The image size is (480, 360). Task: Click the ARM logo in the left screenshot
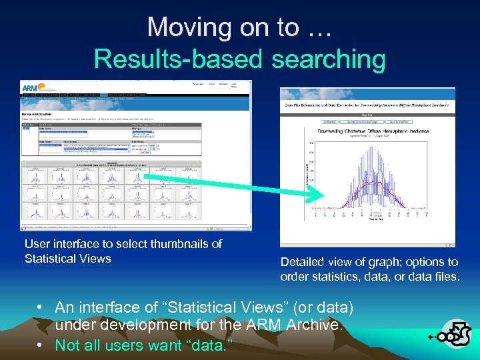[33, 87]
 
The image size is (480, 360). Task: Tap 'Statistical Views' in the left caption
[67, 259]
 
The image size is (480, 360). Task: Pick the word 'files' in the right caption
[444, 277]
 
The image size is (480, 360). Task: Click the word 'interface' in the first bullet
[111, 307]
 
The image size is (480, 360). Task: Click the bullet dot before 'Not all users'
[41, 345]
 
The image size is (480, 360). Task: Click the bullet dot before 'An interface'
[41, 307]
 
